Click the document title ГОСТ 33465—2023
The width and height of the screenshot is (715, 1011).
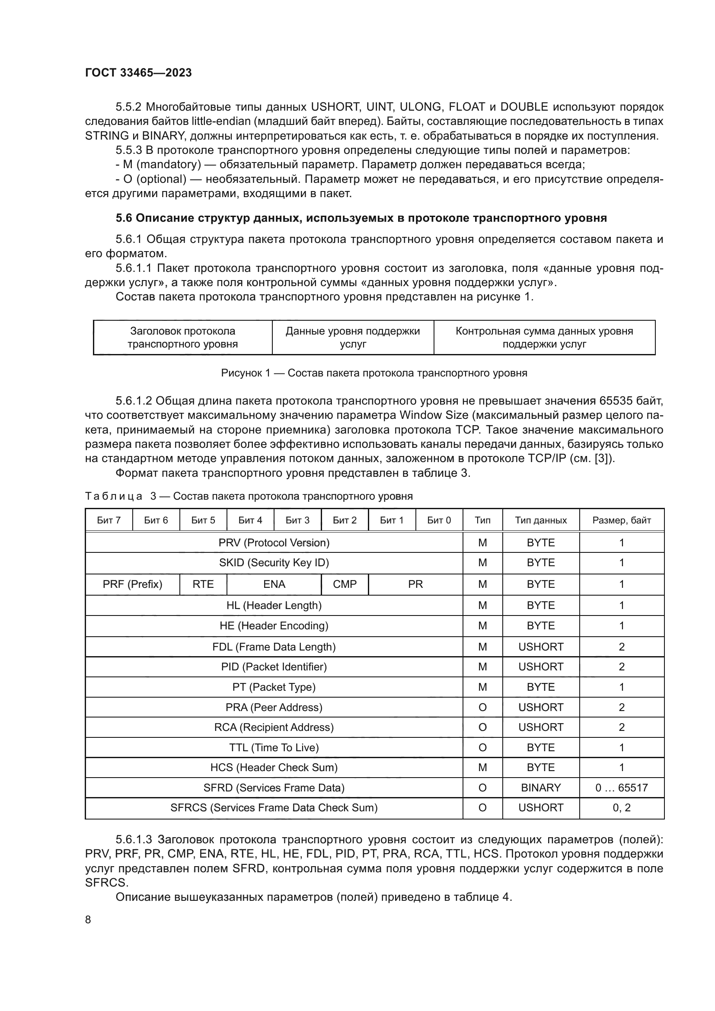138,73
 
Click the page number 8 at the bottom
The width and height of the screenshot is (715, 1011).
88,919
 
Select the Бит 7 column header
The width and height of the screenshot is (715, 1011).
109,520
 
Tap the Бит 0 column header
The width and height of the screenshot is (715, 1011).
439,520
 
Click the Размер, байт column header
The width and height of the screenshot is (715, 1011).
621,520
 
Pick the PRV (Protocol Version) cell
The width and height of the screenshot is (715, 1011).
274,542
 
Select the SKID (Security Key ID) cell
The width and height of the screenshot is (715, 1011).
274,562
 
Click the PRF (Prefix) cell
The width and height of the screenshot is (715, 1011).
133,584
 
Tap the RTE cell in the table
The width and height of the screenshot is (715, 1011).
203,584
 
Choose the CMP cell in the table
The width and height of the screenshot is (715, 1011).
345,584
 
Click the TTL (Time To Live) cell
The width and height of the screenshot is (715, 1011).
274,747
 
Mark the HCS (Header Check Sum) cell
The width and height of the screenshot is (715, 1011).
274,767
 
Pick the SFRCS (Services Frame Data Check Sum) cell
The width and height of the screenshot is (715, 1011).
274,807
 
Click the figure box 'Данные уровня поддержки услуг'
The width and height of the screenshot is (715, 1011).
353,337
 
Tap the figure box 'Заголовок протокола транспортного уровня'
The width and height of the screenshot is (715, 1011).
183,337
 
